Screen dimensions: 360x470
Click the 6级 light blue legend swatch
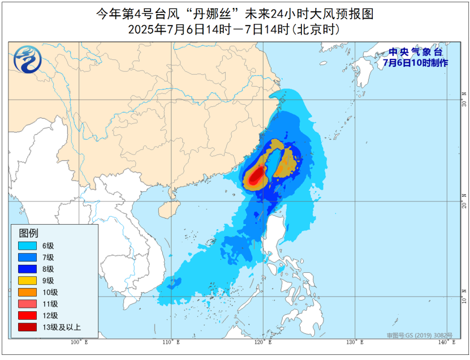tap(27, 246)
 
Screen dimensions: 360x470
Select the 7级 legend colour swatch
tap(27, 258)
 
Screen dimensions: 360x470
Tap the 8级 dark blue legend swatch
tap(27, 269)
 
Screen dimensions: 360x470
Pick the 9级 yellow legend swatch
tap(27, 281)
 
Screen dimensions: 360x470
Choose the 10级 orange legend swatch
tap(27, 293)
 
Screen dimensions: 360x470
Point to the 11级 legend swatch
tap(27, 304)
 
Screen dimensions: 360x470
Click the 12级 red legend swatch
tap(27, 316)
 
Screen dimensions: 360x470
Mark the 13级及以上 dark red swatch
tap(27, 327)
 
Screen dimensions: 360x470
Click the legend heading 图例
tap(29, 233)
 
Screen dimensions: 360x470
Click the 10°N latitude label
tap(464, 295)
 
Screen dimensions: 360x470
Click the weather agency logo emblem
tap(25, 58)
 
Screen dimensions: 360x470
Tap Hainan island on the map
tap(169, 210)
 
